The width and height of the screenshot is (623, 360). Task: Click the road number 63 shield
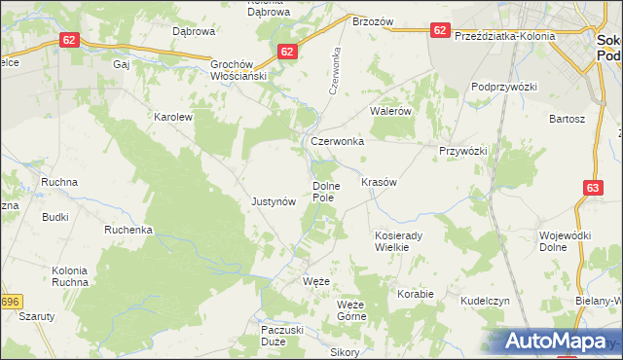click(x=594, y=188)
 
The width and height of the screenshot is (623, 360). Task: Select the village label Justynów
click(x=274, y=202)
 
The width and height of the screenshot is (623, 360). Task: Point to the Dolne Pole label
click(x=324, y=192)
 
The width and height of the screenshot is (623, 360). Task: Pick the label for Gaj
click(x=122, y=65)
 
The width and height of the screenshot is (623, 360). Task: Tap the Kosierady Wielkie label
click(x=396, y=241)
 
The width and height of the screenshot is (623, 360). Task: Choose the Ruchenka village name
click(x=129, y=231)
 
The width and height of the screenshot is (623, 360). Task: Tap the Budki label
click(x=55, y=217)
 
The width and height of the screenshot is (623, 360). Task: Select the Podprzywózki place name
click(x=504, y=87)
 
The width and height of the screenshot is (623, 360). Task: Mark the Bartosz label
click(x=567, y=119)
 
